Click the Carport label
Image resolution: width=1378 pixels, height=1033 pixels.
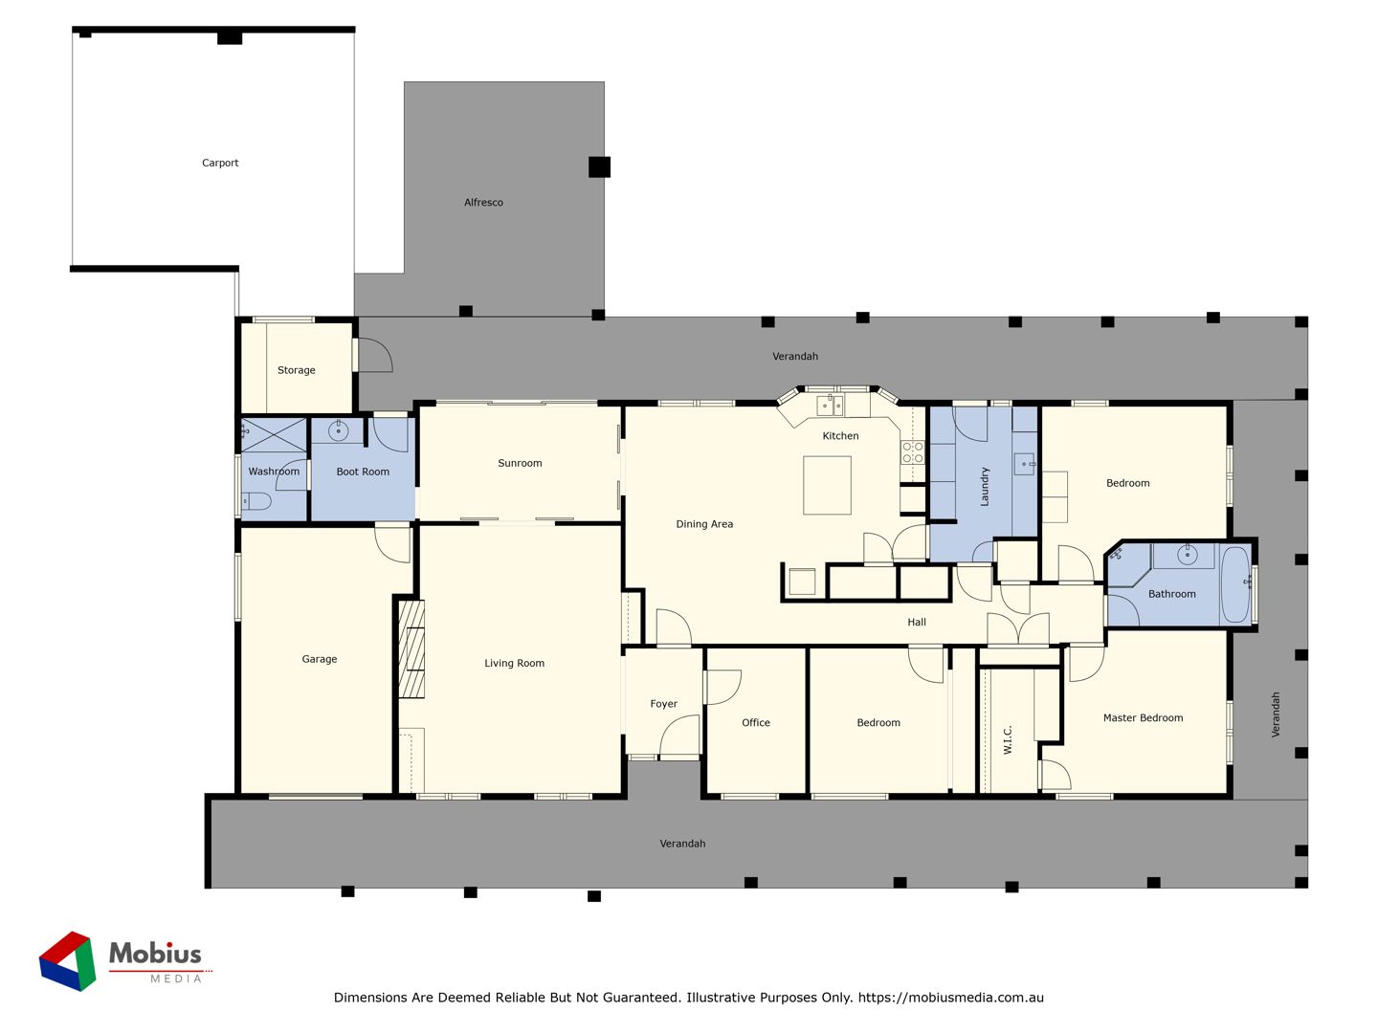click(220, 163)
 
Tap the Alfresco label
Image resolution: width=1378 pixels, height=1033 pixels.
click(483, 203)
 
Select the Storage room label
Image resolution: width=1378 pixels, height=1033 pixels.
click(297, 371)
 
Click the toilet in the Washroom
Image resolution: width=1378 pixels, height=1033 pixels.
click(256, 501)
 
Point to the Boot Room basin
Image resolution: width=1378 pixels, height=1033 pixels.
click(338, 430)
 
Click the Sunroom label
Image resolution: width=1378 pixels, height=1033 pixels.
click(520, 464)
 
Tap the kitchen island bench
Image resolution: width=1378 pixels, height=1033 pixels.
click(827, 485)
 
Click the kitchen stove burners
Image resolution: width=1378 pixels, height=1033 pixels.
click(912, 452)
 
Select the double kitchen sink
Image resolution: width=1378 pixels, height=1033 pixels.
click(830, 406)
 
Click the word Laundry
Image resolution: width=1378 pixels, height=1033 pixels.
click(984, 486)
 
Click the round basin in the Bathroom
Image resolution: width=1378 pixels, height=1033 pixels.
click(1187, 555)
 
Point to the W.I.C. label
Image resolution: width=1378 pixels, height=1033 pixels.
click(1008, 739)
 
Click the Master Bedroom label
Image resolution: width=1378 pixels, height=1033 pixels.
click(1143, 718)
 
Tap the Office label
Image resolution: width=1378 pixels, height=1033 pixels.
click(755, 723)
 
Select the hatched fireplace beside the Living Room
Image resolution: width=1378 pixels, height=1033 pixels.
click(411, 649)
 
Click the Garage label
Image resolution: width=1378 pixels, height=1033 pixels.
click(319, 659)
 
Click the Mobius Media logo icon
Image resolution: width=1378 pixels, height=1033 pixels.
click(68, 960)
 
